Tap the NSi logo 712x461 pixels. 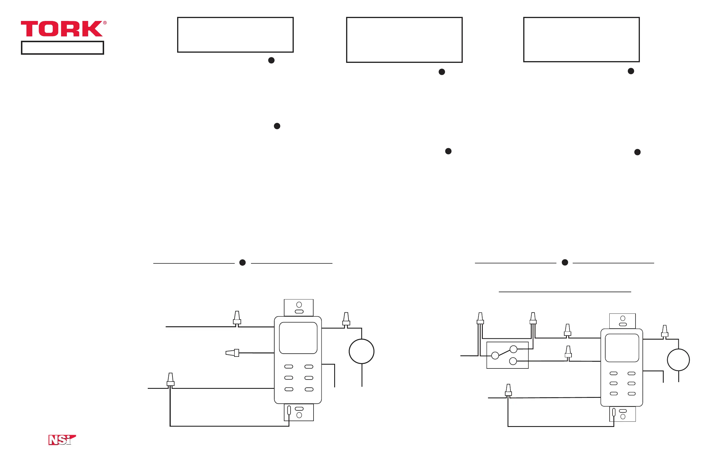tap(62, 440)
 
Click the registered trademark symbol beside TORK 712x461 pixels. tap(105, 23)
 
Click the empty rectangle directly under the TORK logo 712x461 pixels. tap(62, 48)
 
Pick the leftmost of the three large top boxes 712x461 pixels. tap(235, 35)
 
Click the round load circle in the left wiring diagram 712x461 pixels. tap(362, 351)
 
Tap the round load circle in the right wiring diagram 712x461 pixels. tap(678, 360)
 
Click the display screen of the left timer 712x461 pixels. tap(298, 338)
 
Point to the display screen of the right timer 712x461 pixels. tap(622, 348)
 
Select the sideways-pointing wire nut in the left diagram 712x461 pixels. tap(232, 353)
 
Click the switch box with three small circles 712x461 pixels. tap(507, 355)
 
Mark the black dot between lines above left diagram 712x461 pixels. tap(242, 263)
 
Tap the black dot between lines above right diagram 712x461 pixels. tap(565, 263)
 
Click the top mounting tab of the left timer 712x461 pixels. tap(299, 307)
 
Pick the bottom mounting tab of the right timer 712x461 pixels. tap(622, 414)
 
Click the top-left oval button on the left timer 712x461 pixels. tap(289, 366)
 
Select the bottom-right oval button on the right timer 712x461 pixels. tap(631, 394)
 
